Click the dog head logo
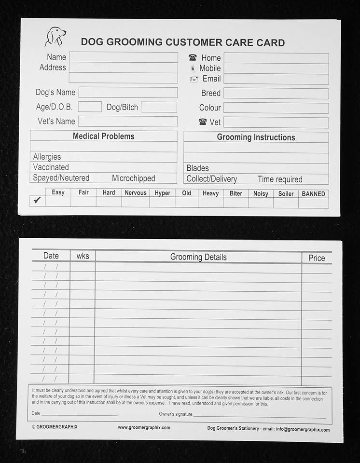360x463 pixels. [x=55, y=37]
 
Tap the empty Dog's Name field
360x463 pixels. [x=128, y=93]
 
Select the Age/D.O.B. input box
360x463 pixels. [x=90, y=107]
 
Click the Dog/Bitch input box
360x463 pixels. [x=159, y=107]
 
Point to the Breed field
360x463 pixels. [x=276, y=94]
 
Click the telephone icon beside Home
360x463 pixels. [x=193, y=58]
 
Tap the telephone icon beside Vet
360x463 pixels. [x=203, y=122]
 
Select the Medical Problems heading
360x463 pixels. [x=103, y=136]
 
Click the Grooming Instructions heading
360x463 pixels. [x=256, y=137]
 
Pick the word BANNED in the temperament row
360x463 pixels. [x=313, y=194]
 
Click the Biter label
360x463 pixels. [x=236, y=193]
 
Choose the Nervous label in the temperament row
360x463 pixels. [x=135, y=193]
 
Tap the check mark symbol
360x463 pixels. [x=37, y=200]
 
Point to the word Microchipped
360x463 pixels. [x=134, y=178]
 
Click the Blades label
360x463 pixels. [x=198, y=168]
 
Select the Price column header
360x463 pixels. [x=317, y=258]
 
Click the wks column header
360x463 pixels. [x=83, y=256]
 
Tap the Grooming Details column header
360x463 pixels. [x=198, y=257]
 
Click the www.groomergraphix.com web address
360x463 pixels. [x=144, y=427]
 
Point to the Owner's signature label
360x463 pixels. [x=176, y=414]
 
